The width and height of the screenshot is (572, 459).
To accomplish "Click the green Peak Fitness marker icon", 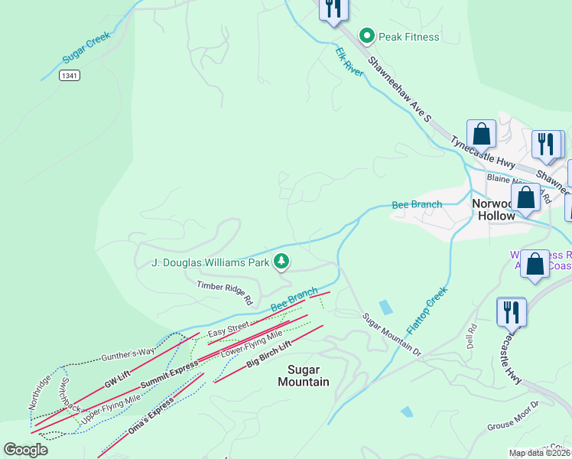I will coord(367,36).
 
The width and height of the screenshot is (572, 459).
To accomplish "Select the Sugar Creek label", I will coord(86,51).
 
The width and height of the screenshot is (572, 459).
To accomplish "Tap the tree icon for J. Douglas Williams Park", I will coord(282,262).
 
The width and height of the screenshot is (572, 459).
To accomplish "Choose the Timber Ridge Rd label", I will coord(225,293).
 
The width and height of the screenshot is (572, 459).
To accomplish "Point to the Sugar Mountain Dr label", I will coord(392,334).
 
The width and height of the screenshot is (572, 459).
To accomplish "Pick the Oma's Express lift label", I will coord(152,414).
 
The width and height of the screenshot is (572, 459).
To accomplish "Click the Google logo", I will coord(25,450).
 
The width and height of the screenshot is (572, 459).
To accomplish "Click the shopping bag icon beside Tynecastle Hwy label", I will coord(482,134).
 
